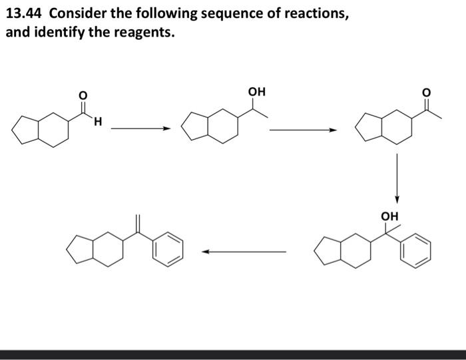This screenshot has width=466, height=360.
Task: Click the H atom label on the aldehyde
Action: coord(97,122)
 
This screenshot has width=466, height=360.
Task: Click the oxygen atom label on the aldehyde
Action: coord(83,96)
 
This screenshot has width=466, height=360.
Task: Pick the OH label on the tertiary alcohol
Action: coord(389,216)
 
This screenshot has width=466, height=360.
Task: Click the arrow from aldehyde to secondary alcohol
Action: coord(137,129)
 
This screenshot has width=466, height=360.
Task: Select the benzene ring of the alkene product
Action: coord(167,249)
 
